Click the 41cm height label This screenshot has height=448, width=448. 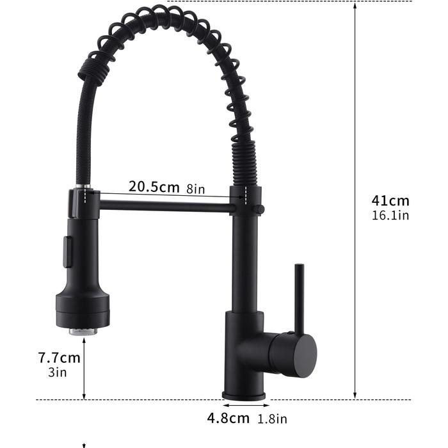click(x=390, y=200)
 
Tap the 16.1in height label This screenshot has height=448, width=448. click(x=390, y=215)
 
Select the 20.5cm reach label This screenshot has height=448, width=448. click(x=154, y=187)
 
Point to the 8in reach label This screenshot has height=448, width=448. click(x=196, y=189)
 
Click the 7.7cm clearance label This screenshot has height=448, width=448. click(x=60, y=358)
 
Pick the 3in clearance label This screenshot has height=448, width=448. click(x=58, y=372)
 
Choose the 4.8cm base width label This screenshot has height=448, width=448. click(x=228, y=418)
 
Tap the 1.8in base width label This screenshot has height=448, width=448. click(x=272, y=419)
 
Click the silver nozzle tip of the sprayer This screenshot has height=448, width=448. click(x=83, y=331)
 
